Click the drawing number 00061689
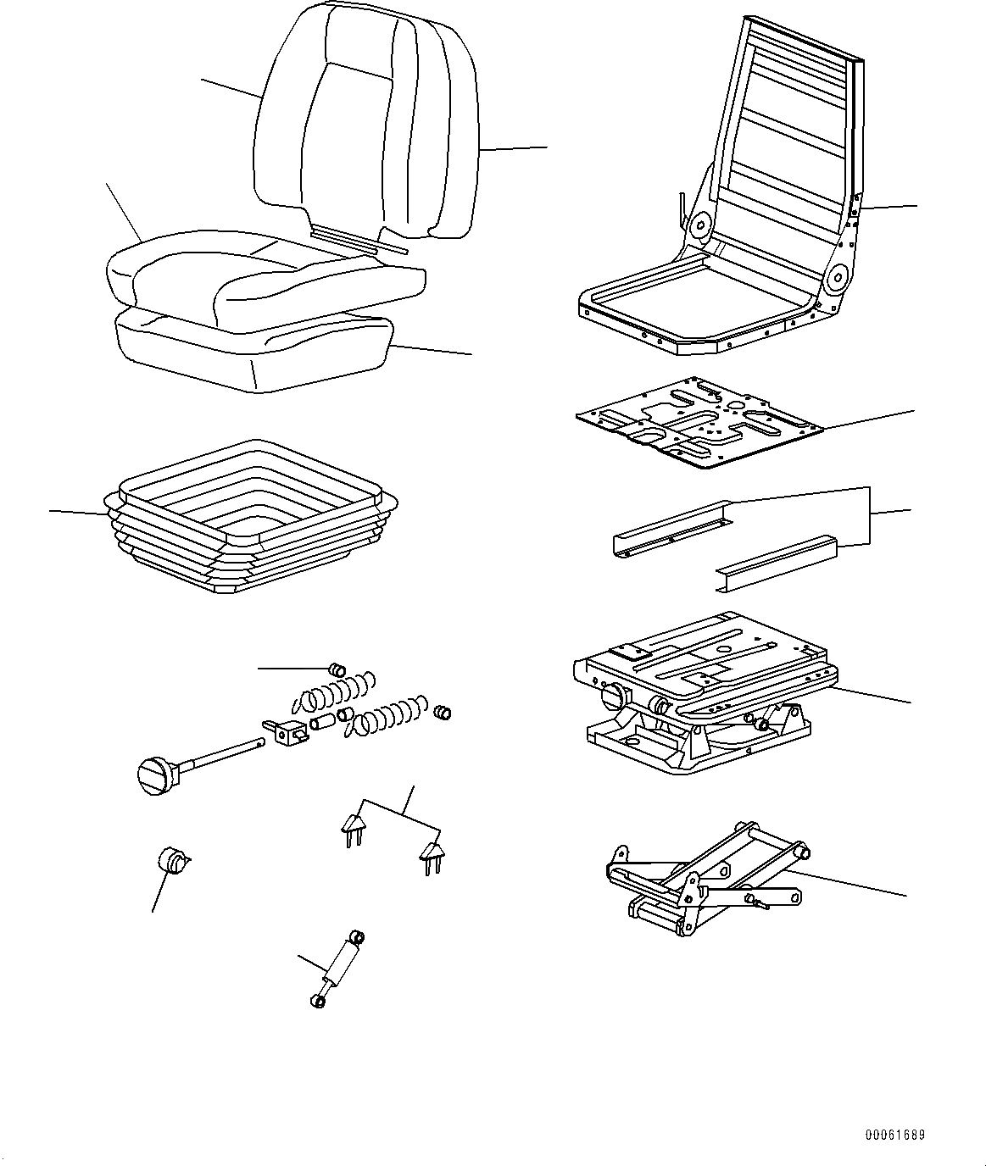click(x=895, y=1135)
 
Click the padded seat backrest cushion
click(x=365, y=127)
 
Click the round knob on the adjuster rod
click(x=155, y=775)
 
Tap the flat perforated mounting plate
click(x=699, y=421)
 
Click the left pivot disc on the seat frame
click(x=701, y=225)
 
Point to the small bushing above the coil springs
click(x=337, y=670)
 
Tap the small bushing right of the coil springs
click(x=442, y=712)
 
